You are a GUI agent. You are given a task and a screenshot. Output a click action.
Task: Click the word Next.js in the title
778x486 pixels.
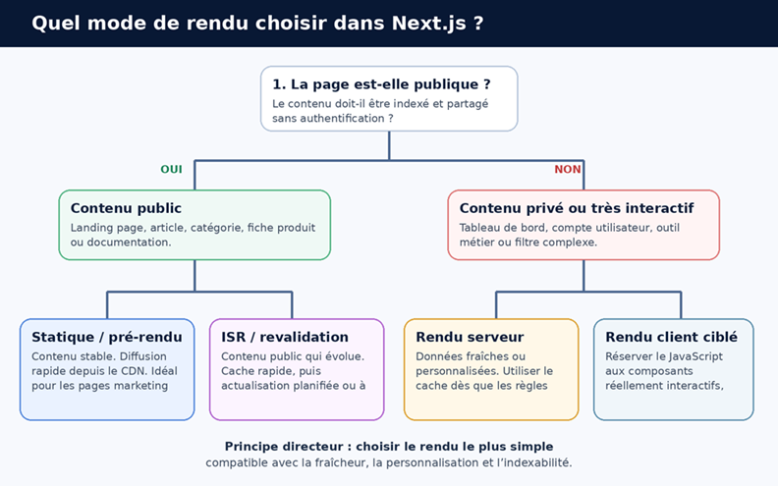tap(428, 24)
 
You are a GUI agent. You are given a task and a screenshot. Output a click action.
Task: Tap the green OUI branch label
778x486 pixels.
tap(171, 170)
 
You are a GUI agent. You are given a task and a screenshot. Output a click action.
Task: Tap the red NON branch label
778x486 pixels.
tap(568, 170)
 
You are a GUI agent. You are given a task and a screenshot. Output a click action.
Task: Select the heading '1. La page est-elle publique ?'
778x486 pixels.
tap(381, 84)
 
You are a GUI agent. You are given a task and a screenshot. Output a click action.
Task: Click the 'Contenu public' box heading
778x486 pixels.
tap(126, 208)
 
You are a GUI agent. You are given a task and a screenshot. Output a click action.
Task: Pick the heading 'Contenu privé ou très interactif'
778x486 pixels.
tap(577, 208)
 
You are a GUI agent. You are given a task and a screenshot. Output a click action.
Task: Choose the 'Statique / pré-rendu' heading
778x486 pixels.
tap(107, 337)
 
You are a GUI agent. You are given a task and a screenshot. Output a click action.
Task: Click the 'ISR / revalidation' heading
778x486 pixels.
tap(285, 337)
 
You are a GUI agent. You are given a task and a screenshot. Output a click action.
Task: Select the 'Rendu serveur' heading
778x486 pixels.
tap(470, 337)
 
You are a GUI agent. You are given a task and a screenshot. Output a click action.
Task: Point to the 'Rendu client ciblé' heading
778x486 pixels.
tap(671, 337)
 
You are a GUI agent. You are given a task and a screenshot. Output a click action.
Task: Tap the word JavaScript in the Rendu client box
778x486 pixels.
tap(695, 356)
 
